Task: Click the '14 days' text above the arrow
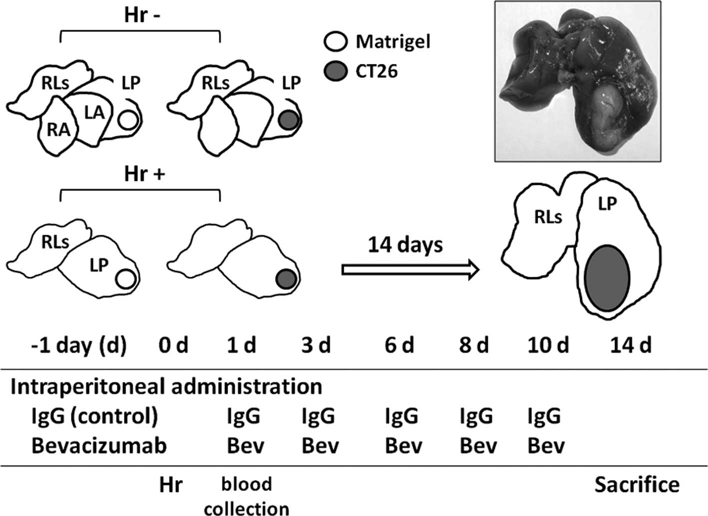point(406,245)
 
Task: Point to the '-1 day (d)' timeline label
point(78,345)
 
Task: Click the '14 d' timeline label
point(631,345)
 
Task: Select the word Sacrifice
point(637,484)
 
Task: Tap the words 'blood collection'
point(247,496)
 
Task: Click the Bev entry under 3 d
point(320,446)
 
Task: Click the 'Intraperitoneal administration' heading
point(166,387)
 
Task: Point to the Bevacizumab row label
point(99,446)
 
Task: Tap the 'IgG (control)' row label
point(94,416)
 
